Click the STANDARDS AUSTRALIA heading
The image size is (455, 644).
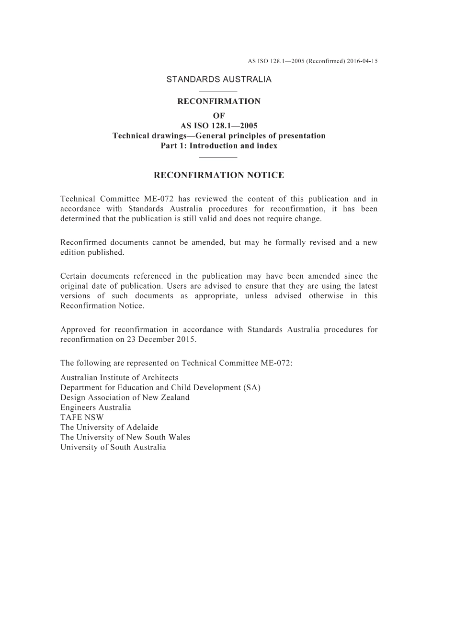coord(219,79)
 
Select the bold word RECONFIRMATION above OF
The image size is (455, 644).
coord(219,102)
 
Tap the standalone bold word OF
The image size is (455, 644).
coord(219,116)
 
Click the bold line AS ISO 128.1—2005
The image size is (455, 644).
coord(219,126)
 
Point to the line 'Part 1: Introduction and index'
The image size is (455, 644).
coord(219,146)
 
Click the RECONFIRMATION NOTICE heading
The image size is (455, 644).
coord(219,175)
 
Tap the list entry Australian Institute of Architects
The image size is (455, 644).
coord(119,378)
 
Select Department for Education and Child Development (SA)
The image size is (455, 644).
coord(160,387)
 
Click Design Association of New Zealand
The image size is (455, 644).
coord(125,397)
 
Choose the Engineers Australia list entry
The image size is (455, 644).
coord(96,407)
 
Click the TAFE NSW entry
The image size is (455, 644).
coord(82,417)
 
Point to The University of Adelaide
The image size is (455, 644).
coord(109,427)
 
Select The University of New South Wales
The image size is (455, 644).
coord(125,437)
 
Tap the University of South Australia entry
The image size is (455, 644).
coord(113,447)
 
